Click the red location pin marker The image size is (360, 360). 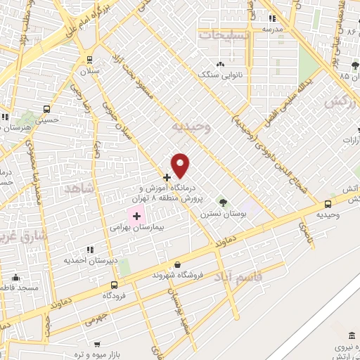tap(181, 165)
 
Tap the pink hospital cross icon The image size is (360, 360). tap(136, 214)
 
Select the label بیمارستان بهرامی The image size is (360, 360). tap(137, 228)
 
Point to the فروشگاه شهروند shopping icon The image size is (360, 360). tap(176, 264)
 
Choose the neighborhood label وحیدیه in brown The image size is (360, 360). tap(191, 127)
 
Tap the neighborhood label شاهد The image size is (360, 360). tap(79, 188)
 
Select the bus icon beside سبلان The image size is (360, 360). tap(89, 60)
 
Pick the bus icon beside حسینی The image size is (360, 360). tap(47, 109)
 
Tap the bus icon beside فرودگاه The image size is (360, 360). tap(114, 285)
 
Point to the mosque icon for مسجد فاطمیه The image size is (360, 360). tap(16, 278)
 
